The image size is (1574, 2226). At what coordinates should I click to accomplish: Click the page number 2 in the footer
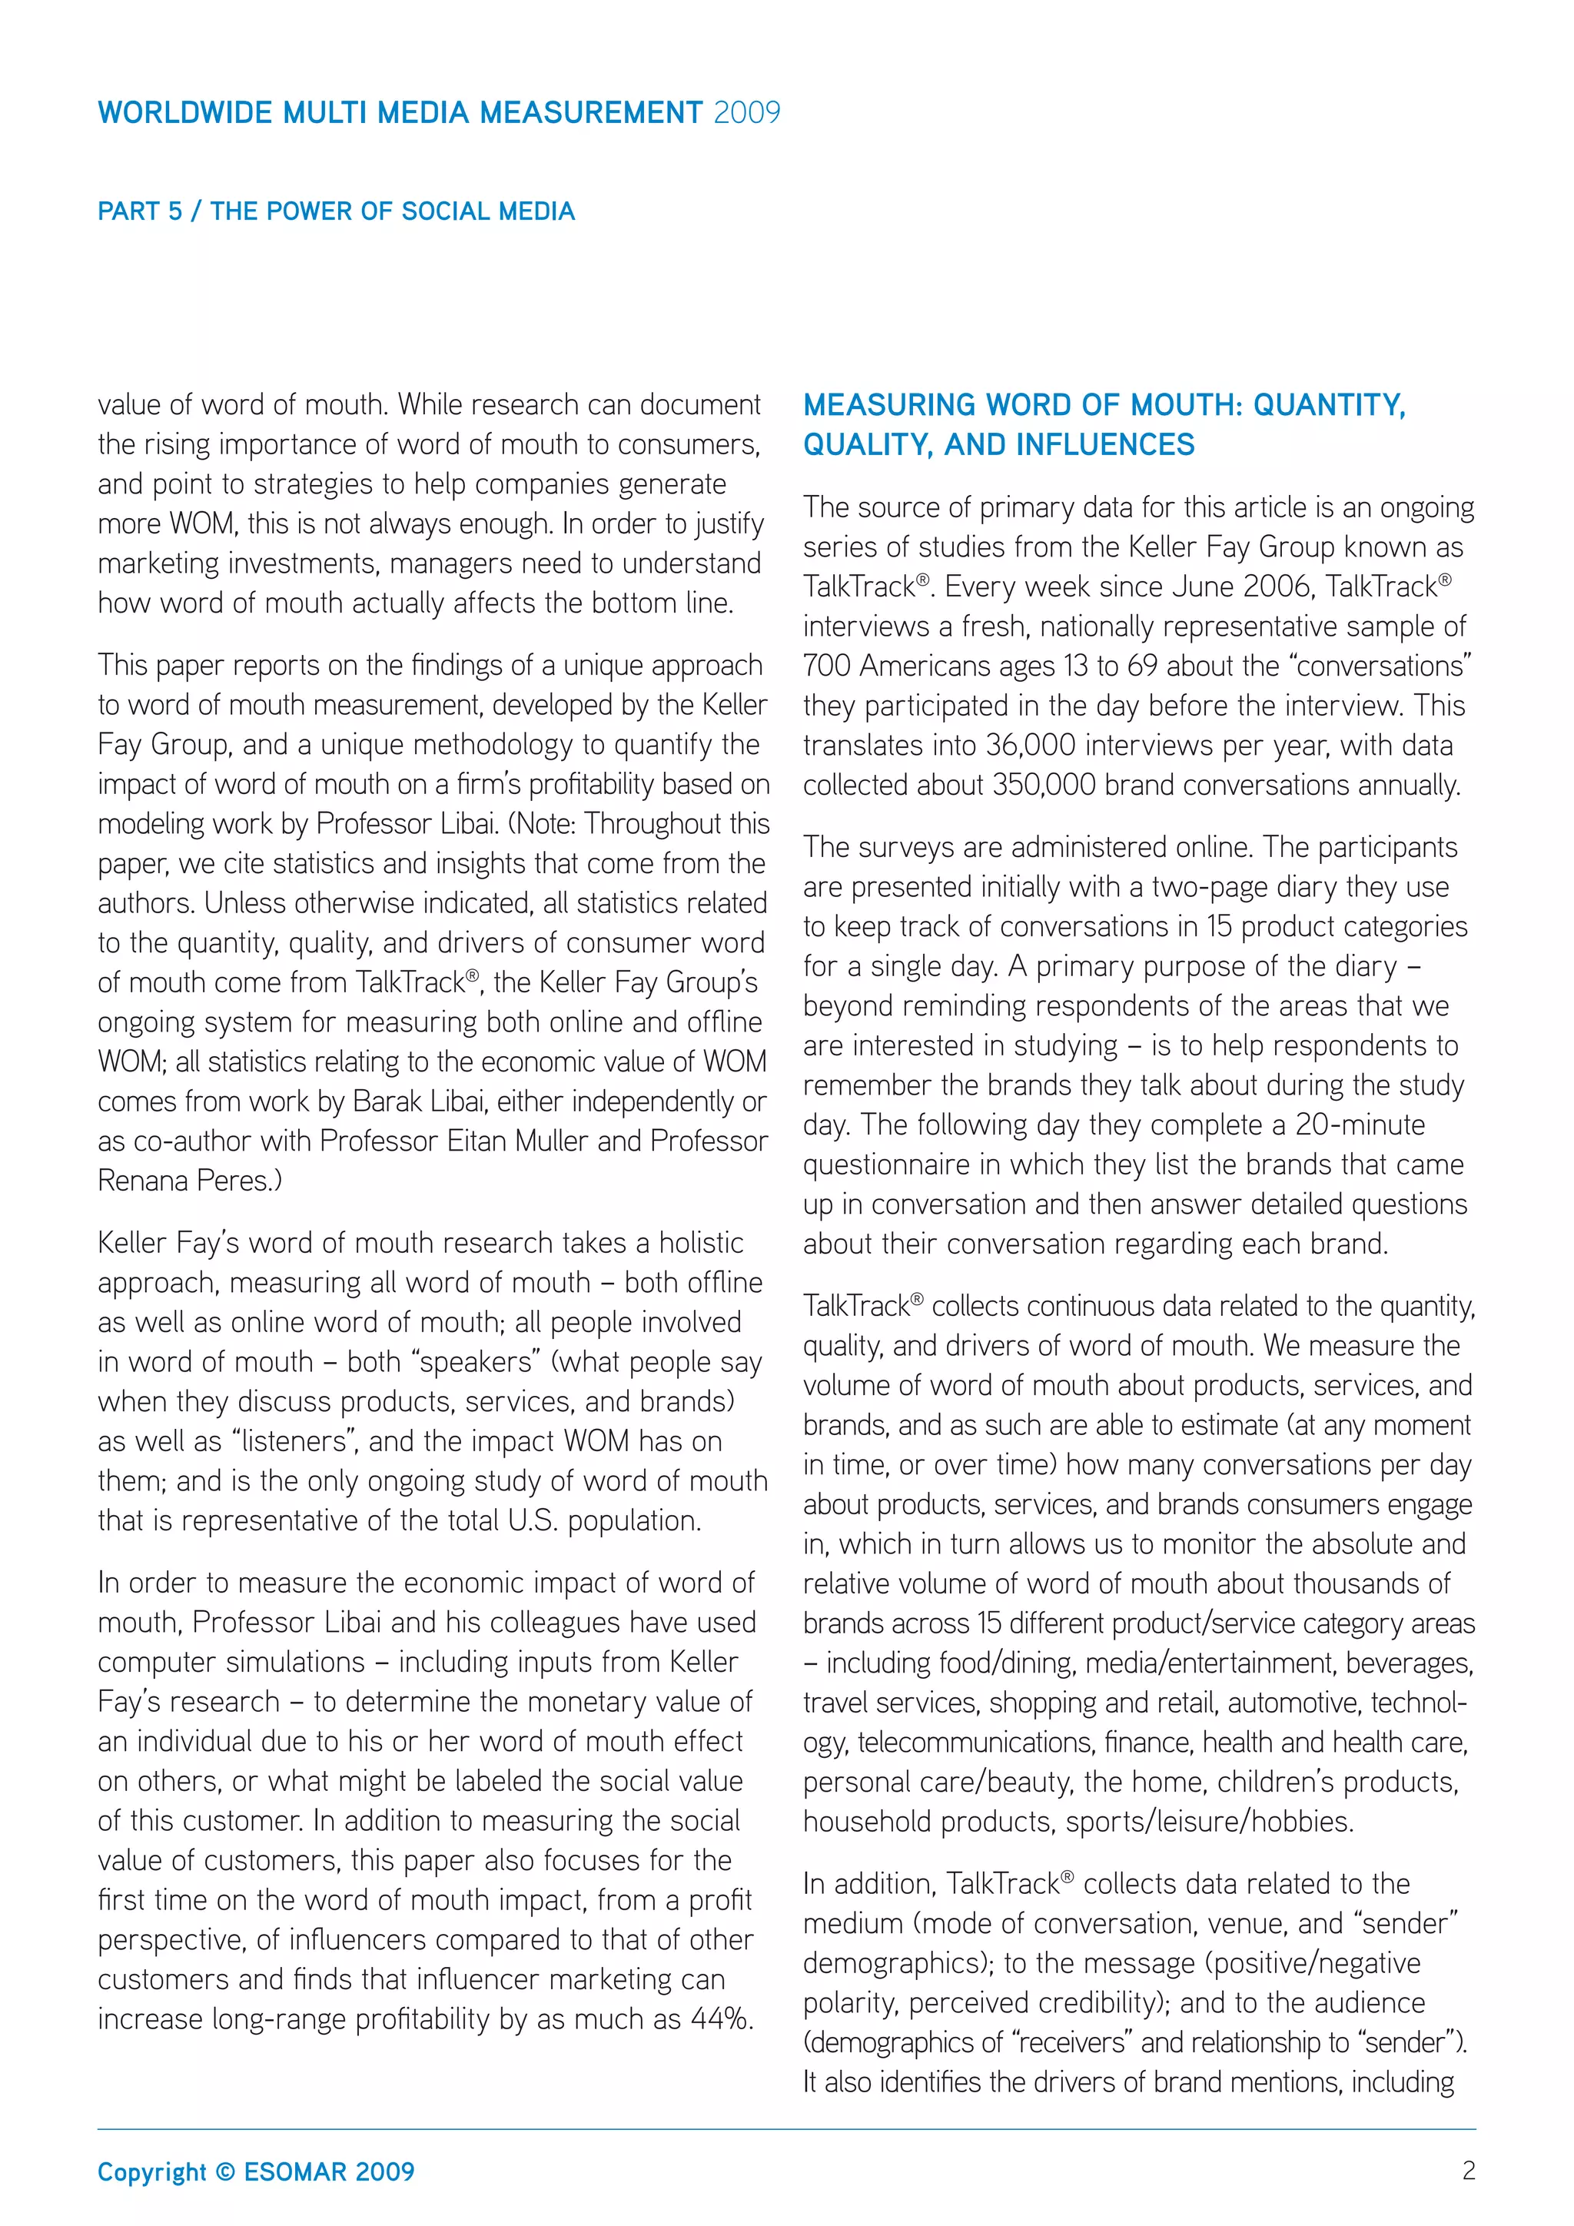pos(1469,2171)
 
